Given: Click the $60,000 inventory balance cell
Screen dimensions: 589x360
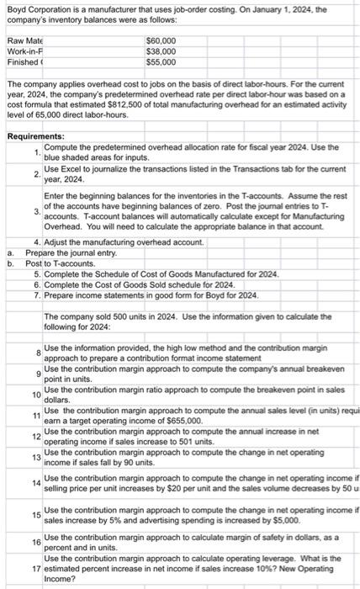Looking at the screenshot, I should tap(160, 40).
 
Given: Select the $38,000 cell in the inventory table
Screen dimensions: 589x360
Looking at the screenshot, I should tap(160, 51).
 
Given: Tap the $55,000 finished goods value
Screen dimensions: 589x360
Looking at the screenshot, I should tap(160, 62).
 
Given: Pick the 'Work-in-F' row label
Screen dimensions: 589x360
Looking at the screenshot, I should tap(24, 51).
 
